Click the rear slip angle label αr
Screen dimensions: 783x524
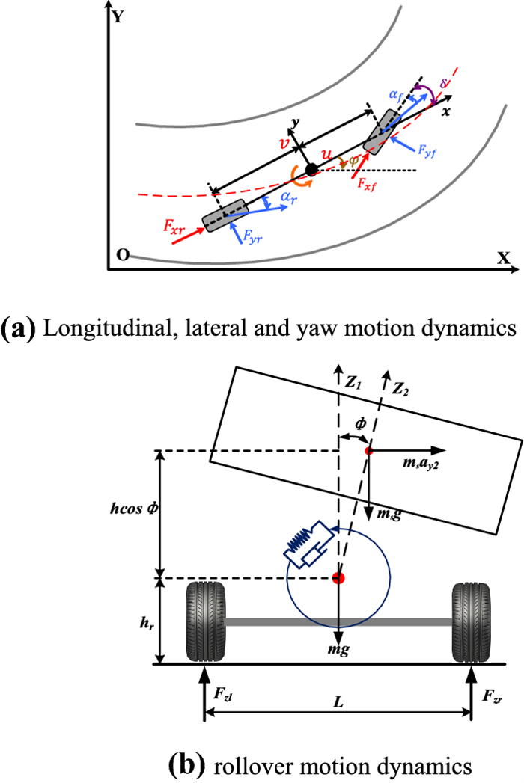point(280,196)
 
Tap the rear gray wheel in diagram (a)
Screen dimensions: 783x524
point(224,215)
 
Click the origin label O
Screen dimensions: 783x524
point(121,255)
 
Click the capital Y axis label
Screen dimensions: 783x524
point(118,16)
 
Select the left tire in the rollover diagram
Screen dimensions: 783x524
point(204,620)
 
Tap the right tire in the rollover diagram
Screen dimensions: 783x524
point(471,620)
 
